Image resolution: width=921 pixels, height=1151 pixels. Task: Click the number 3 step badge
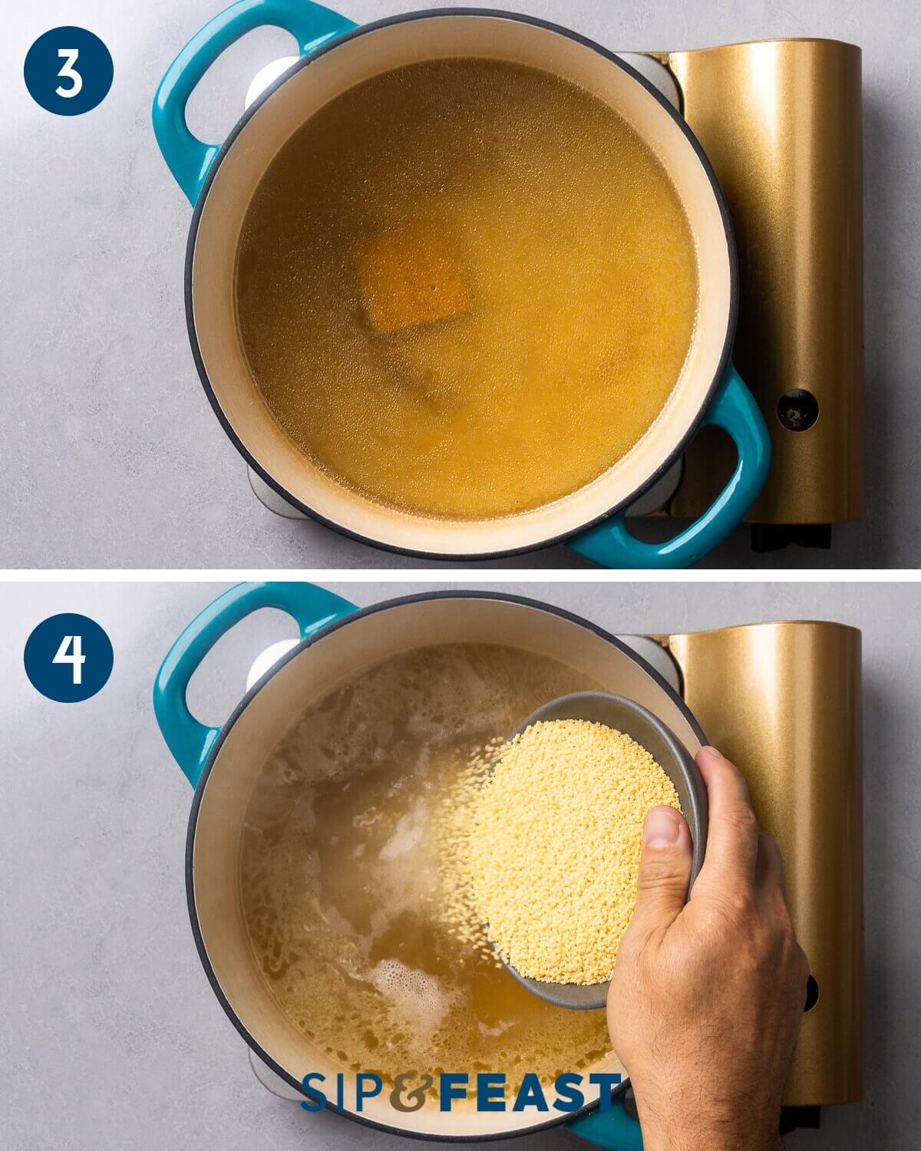[x=68, y=71]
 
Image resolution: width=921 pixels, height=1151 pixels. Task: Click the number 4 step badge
[x=68, y=658]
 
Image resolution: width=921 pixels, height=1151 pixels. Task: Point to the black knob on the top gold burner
[x=797, y=409]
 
